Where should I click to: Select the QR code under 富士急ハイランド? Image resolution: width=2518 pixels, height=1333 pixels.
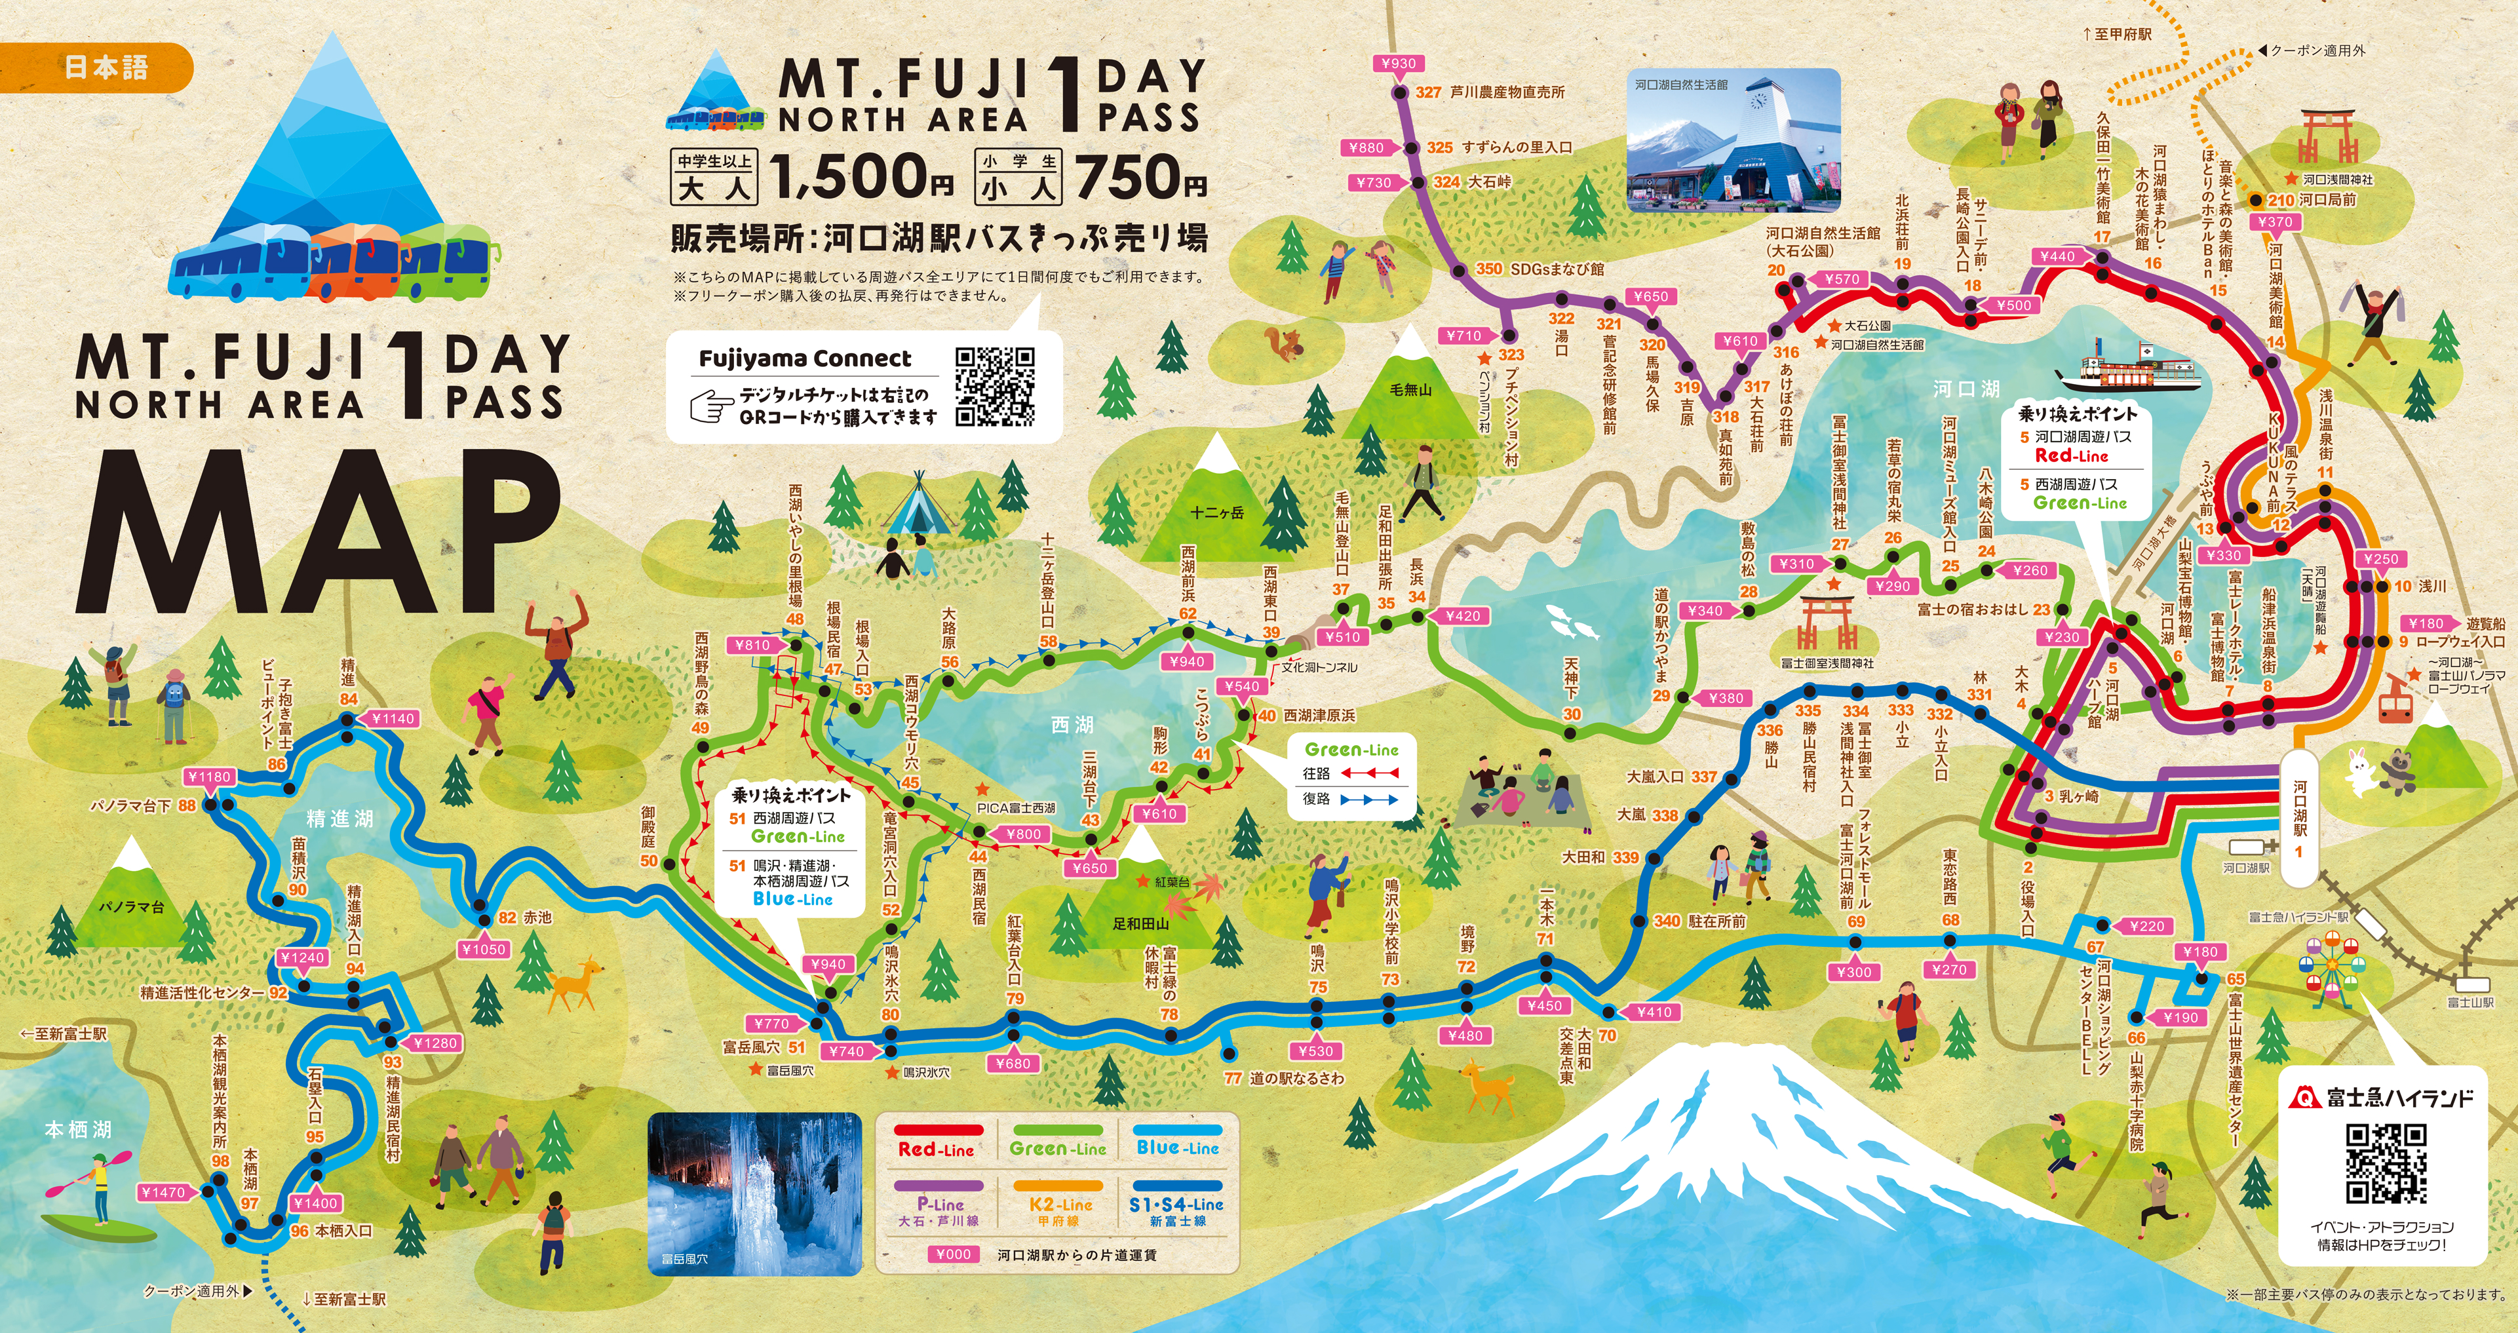click(2386, 1163)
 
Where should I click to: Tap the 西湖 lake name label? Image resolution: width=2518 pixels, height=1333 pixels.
click(1072, 724)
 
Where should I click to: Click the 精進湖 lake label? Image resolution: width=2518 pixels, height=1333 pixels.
click(339, 818)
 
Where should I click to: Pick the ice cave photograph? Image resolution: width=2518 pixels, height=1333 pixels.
click(754, 1192)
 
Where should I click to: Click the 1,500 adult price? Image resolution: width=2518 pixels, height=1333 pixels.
click(860, 176)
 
